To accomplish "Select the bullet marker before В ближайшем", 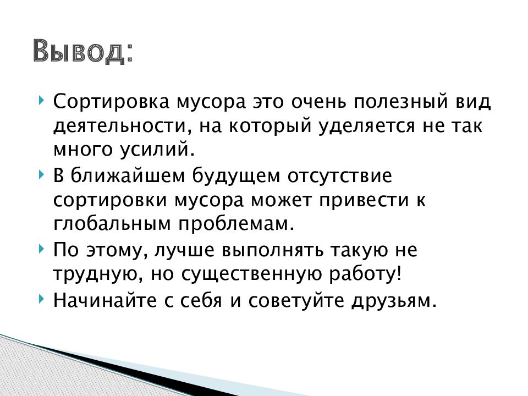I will (x=42, y=174).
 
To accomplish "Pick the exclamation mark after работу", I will (x=399, y=273).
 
